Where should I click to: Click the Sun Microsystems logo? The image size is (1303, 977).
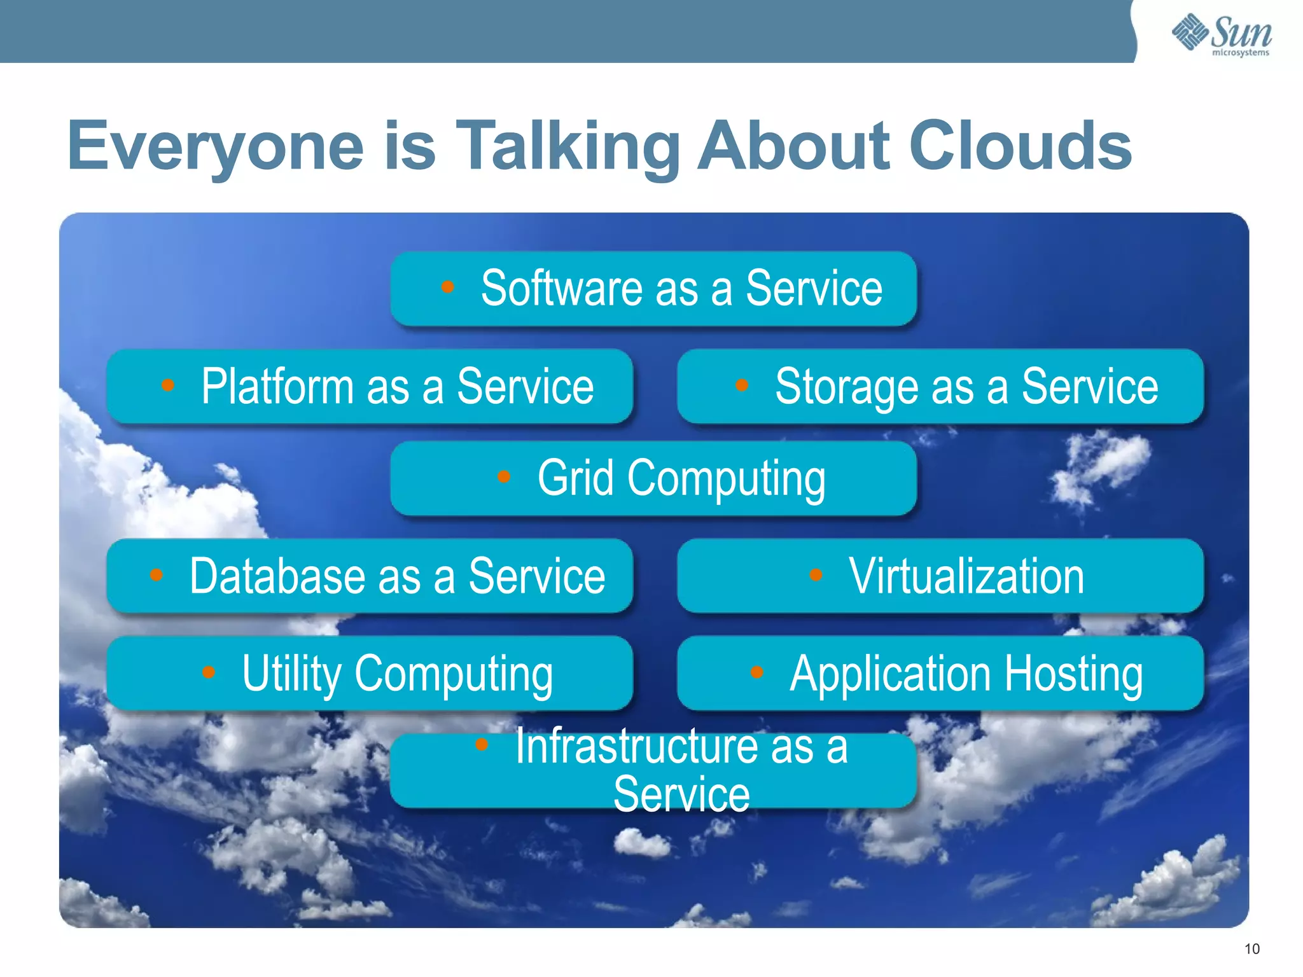(1222, 34)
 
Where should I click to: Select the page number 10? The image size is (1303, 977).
(1251, 949)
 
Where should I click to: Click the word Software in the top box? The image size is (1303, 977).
(561, 288)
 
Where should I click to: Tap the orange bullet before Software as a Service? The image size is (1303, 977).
(447, 287)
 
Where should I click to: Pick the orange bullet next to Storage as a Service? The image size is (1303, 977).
(741, 385)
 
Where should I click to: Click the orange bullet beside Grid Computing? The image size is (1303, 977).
(504, 476)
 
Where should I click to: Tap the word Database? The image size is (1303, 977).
(277, 576)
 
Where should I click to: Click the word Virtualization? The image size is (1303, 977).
(966, 576)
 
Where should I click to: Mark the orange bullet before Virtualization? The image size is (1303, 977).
(816, 575)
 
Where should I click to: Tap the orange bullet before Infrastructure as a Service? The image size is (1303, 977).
(482, 744)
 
